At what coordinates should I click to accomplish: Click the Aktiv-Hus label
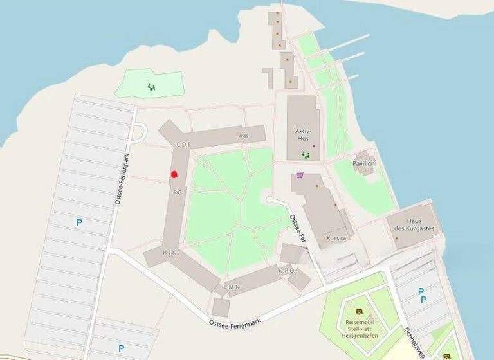click(x=302, y=134)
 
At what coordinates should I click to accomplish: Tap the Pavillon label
click(x=363, y=164)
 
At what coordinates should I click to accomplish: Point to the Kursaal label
click(x=336, y=237)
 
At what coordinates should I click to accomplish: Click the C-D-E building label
click(x=183, y=145)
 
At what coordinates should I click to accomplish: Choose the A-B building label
click(x=243, y=136)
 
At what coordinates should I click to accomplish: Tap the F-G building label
click(x=177, y=192)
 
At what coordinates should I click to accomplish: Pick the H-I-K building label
click(x=169, y=253)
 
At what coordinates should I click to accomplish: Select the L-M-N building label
click(x=232, y=287)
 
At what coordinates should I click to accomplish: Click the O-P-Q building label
click(x=287, y=271)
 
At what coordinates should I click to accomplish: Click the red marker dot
click(x=174, y=174)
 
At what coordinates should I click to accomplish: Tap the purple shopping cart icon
click(x=298, y=174)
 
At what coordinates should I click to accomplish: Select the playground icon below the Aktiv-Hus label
click(x=307, y=155)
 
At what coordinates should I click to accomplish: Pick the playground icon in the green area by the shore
click(x=151, y=86)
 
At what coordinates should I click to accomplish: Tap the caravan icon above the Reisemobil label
click(x=359, y=310)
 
